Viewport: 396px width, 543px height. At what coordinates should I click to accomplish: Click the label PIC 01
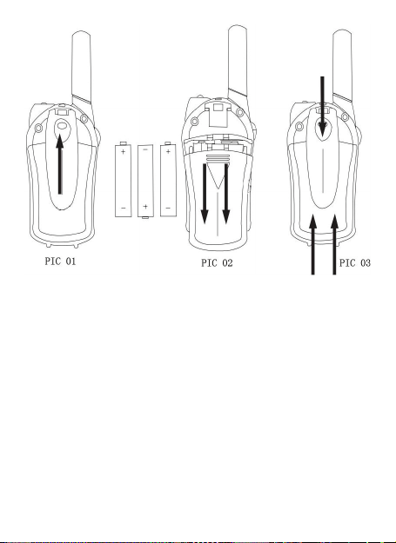[60, 262]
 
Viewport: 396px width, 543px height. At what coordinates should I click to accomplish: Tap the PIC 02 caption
[217, 263]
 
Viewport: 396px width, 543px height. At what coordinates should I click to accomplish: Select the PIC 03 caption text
[355, 263]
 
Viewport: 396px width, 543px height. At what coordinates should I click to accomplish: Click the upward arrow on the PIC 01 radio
[60, 164]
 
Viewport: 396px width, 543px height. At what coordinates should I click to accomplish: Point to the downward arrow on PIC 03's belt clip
[323, 107]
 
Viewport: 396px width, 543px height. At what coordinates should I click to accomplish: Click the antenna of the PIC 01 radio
[82, 68]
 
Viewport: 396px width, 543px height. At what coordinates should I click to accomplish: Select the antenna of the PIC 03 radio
[343, 66]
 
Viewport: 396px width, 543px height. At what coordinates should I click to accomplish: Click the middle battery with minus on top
[145, 181]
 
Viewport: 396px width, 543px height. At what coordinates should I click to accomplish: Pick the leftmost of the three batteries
[123, 179]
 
